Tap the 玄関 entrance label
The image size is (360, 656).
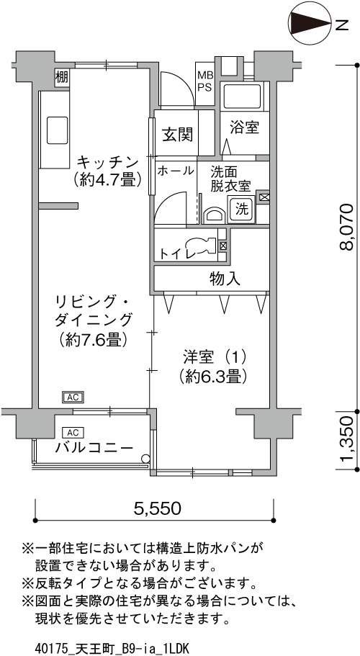tap(178, 135)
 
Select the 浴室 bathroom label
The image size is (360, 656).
tap(244, 128)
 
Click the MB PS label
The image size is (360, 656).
tap(205, 81)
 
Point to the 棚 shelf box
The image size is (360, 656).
tap(62, 77)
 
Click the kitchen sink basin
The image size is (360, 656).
tap(57, 130)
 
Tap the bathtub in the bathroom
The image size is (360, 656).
tap(243, 96)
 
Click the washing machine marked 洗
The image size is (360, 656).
tap(241, 209)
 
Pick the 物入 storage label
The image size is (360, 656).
tap(225, 279)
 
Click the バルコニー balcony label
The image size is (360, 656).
tap(94, 448)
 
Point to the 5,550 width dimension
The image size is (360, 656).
tap(157, 508)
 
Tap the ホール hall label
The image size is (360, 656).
tap(176, 170)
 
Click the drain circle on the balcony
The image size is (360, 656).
tap(145, 458)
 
